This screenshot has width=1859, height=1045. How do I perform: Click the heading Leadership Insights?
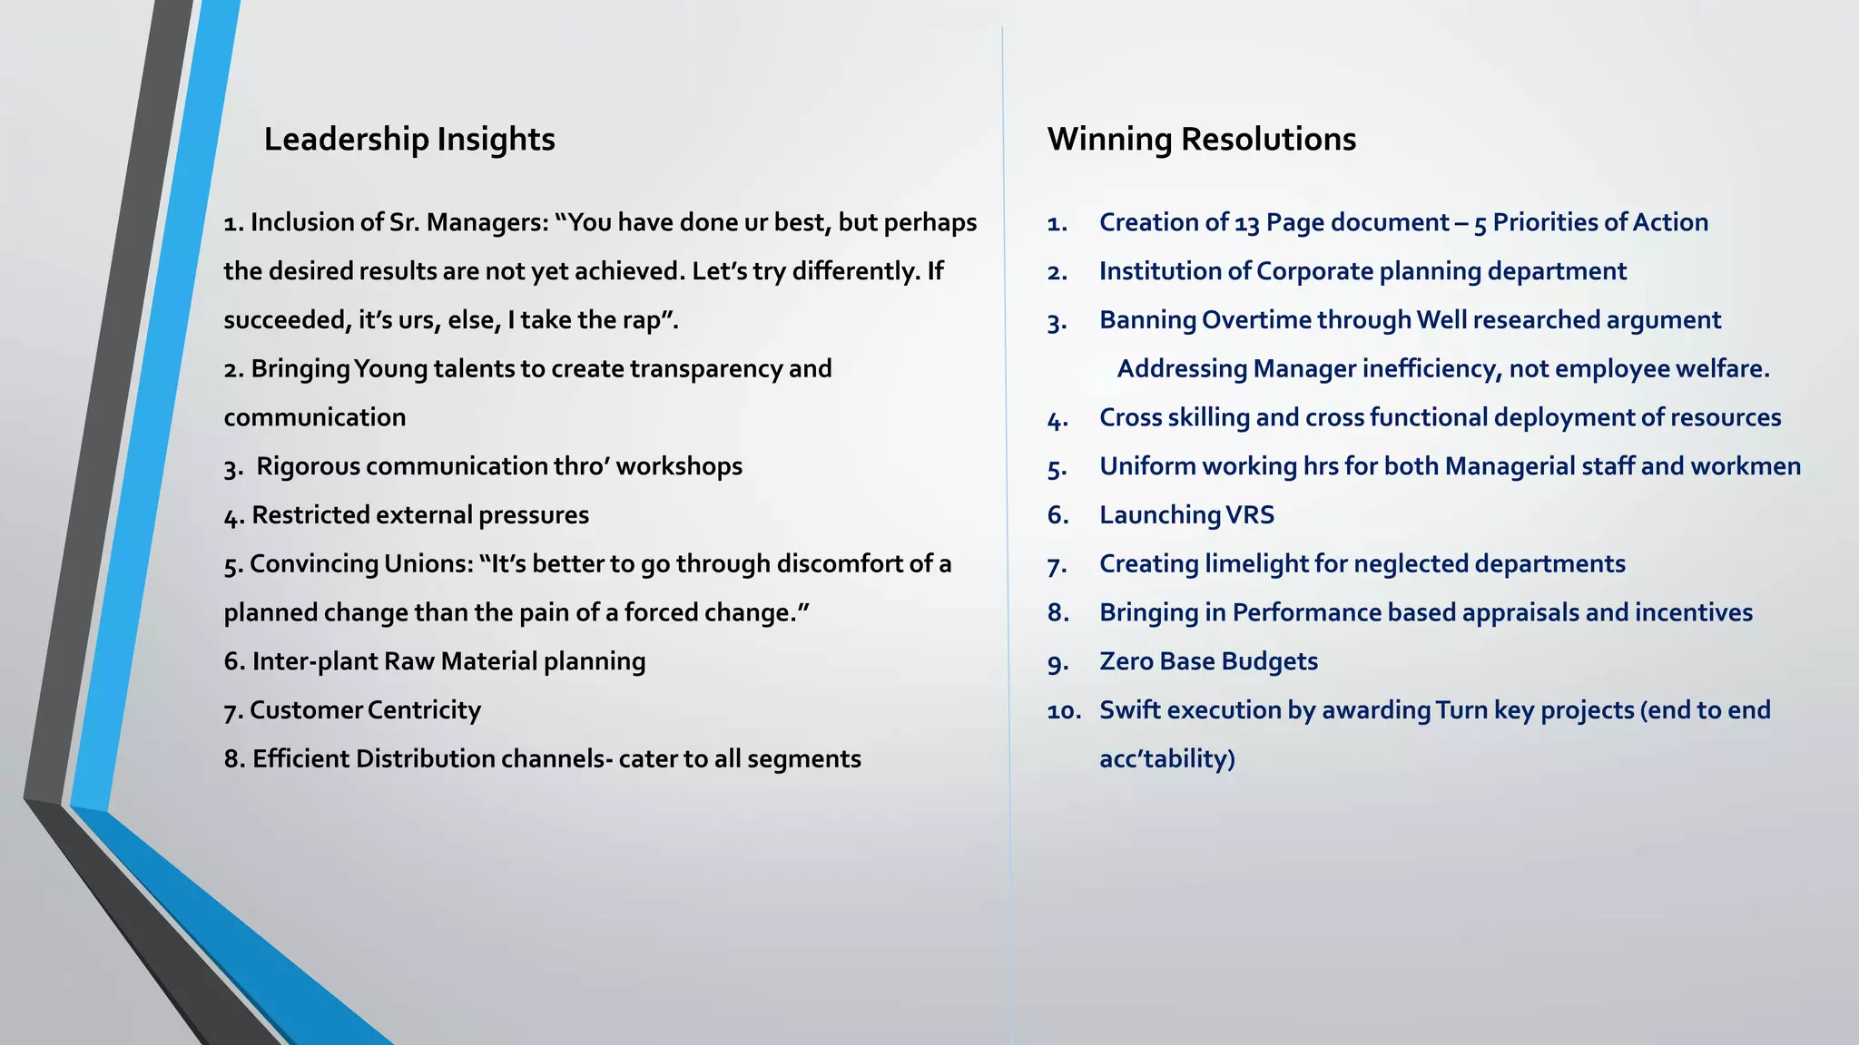[408, 140]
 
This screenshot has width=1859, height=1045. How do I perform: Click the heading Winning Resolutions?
[1201, 140]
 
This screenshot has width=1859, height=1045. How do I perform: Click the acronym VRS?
[1250, 515]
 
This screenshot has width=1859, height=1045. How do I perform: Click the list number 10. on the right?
[1064, 711]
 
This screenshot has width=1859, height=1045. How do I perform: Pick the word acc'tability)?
[1166, 759]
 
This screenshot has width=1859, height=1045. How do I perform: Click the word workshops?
[679, 466]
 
